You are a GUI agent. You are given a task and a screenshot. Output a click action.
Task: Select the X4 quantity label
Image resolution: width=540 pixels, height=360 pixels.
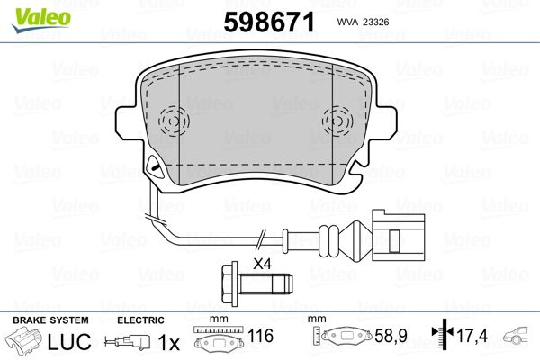[263, 264]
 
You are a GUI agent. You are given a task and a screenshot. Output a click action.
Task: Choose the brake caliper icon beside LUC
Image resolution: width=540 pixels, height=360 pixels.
[24, 343]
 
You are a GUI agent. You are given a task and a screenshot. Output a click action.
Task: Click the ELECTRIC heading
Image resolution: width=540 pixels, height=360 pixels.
[140, 320]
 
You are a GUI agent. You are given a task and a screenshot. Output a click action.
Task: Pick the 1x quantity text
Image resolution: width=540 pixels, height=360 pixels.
[169, 342]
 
